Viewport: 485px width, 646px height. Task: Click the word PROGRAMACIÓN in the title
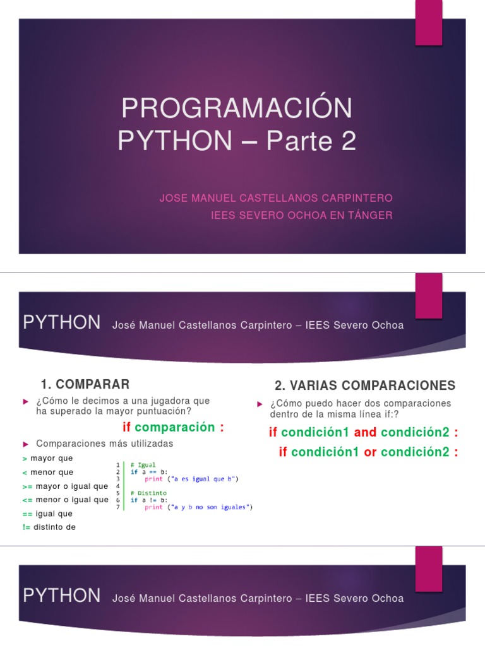237,109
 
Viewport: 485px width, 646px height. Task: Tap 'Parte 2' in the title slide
311,142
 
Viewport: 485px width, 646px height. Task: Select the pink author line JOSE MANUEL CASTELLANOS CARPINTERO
276,198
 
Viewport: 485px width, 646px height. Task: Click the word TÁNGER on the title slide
369,215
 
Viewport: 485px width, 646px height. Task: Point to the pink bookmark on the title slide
428,23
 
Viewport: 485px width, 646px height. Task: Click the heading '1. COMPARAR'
85,384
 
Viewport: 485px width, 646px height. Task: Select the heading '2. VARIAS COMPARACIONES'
364,385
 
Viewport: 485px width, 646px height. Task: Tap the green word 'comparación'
175,428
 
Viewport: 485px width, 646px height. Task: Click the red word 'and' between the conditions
365,432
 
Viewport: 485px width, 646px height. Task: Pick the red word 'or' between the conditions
370,452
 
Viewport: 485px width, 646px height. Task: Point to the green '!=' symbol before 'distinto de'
26,527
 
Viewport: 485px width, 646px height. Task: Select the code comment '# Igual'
143,464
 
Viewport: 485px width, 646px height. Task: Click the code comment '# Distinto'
148,493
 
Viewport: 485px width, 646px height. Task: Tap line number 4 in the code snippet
118,486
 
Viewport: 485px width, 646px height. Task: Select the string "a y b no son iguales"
210,507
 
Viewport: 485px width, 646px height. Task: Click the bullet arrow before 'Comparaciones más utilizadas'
26,443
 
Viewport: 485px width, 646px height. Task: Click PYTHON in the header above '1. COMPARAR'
61,323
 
